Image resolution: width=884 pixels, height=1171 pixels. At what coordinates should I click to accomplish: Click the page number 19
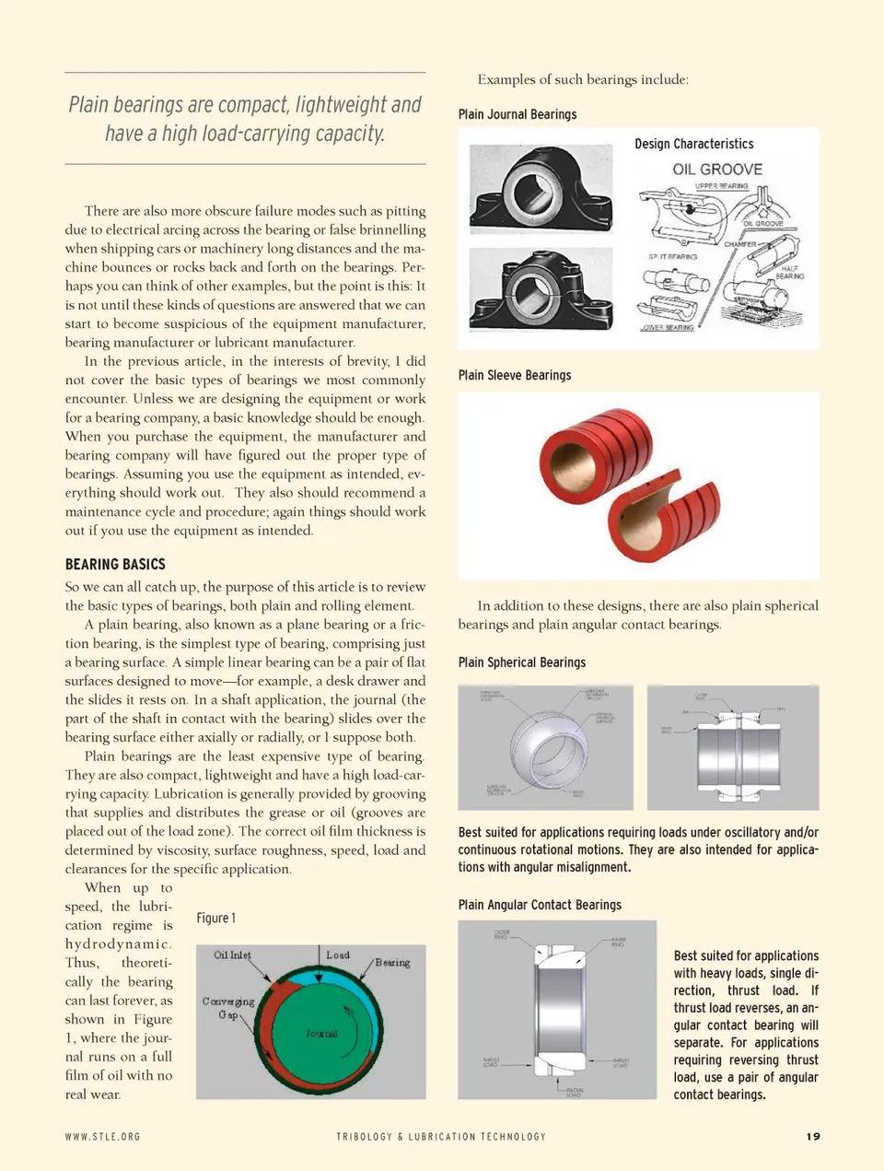(x=812, y=1136)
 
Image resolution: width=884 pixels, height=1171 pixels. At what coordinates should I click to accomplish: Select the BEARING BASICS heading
(x=115, y=564)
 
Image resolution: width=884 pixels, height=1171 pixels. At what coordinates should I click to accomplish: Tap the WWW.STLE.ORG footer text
(x=102, y=1137)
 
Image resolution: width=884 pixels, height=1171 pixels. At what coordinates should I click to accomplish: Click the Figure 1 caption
(x=215, y=918)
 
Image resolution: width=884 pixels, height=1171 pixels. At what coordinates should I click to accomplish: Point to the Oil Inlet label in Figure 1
(x=232, y=955)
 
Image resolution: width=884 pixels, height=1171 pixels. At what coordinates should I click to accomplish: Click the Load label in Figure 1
(x=338, y=955)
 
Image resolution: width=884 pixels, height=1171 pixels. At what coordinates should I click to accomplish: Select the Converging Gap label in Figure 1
(x=228, y=1007)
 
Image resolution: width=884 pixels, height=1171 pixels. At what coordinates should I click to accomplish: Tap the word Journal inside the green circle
(x=321, y=1034)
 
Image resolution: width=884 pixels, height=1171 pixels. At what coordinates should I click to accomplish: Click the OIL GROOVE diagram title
(x=717, y=170)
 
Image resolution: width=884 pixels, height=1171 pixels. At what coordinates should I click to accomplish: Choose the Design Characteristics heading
(x=693, y=144)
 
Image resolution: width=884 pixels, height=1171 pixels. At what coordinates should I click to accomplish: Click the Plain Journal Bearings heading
(x=518, y=114)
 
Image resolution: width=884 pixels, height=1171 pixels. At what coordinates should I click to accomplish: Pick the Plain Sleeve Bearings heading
(x=515, y=375)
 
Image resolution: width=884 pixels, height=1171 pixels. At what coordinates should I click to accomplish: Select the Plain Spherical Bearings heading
(x=522, y=662)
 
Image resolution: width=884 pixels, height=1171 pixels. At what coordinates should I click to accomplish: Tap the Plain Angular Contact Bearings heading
(x=540, y=905)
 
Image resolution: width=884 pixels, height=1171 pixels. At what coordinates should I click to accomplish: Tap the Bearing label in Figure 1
(x=392, y=963)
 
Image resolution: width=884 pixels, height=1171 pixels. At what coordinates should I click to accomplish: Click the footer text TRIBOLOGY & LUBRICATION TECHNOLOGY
(x=441, y=1137)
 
